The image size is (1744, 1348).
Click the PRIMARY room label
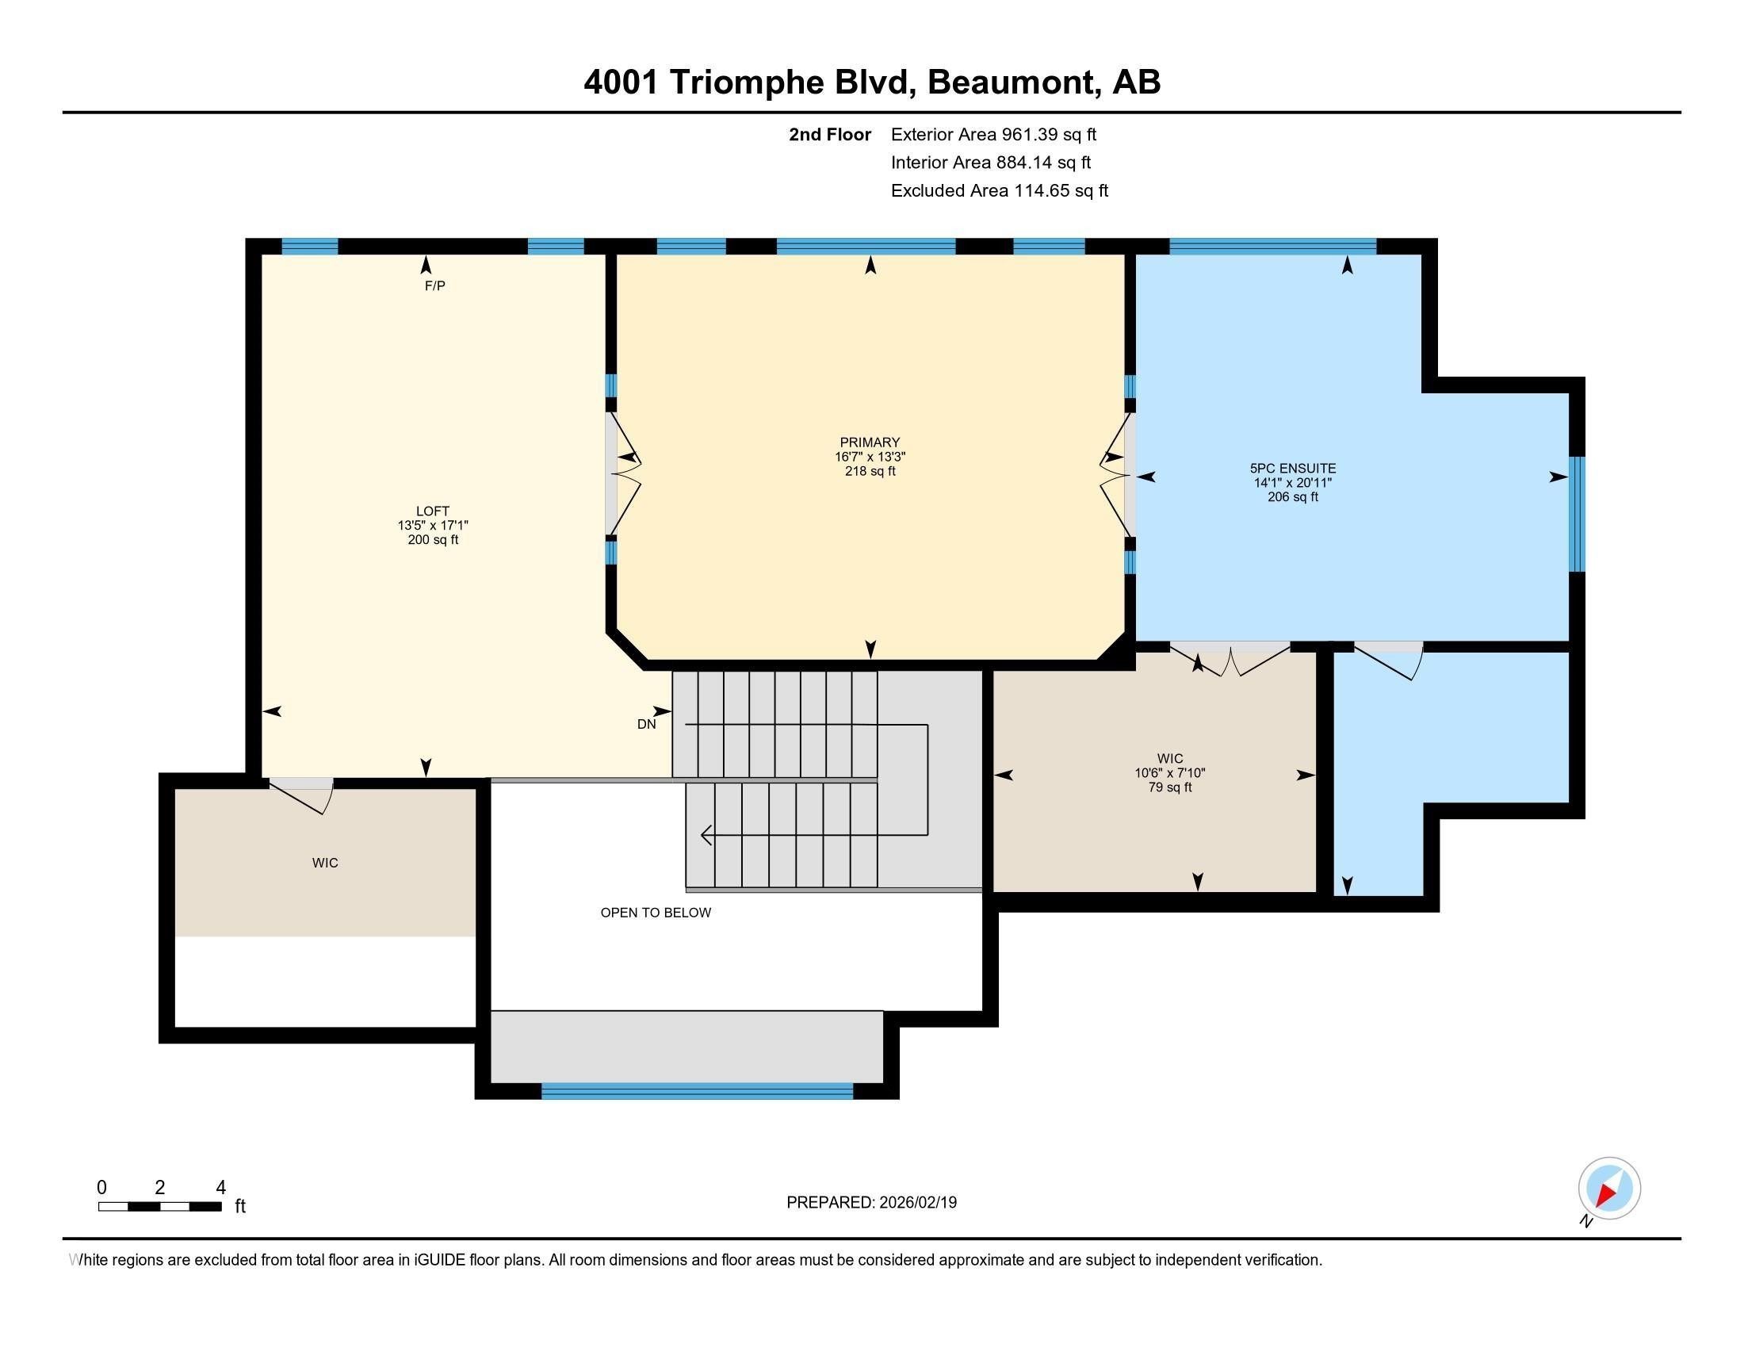click(x=870, y=442)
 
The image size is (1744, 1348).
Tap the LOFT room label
click(x=432, y=511)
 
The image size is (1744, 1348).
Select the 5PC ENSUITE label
click(x=1292, y=469)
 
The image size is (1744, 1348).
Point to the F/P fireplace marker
click(x=434, y=286)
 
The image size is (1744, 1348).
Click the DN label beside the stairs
click(x=646, y=724)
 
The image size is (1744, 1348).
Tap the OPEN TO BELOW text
click(x=655, y=913)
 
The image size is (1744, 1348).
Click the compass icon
click(x=1608, y=1189)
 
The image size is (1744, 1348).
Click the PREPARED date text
click(x=871, y=1203)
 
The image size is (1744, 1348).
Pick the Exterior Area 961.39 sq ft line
click(x=992, y=135)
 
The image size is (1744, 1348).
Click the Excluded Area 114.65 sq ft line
click(x=999, y=191)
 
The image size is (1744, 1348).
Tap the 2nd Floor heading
click(x=829, y=135)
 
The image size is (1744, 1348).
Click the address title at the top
click(x=871, y=82)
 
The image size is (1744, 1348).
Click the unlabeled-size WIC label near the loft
click(x=325, y=864)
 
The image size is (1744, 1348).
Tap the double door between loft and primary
click(x=623, y=473)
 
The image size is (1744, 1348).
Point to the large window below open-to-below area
click(x=697, y=1091)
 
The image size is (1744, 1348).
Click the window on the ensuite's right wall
click(x=1576, y=515)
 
